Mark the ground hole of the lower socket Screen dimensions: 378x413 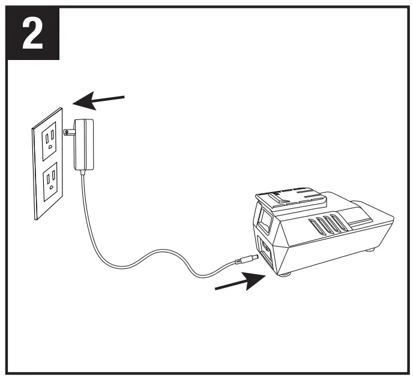(53, 185)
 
